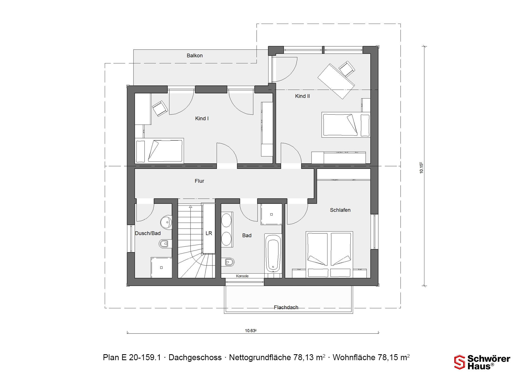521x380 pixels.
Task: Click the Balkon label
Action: coord(195,56)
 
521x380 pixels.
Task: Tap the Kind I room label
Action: coord(202,119)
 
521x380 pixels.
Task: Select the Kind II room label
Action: coord(303,96)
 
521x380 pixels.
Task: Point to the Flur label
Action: coord(199,181)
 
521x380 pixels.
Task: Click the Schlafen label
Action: coord(340,210)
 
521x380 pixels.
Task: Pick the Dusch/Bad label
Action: coord(148,233)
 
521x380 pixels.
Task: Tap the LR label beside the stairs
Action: coord(209,233)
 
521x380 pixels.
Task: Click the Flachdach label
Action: coord(286,307)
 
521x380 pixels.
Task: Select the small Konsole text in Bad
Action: coord(242,276)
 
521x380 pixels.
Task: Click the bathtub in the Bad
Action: coord(273,253)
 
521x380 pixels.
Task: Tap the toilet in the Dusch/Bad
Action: coord(165,244)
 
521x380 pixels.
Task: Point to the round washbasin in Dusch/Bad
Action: coord(166,223)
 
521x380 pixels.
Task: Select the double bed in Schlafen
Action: coord(329,255)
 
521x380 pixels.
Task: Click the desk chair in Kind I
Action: coord(160,109)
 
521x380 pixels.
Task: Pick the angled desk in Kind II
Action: coord(336,81)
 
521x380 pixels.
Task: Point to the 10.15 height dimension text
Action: coord(421,168)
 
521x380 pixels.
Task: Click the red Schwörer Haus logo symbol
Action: coord(460,362)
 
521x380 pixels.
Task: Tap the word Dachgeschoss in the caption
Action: coord(195,357)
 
